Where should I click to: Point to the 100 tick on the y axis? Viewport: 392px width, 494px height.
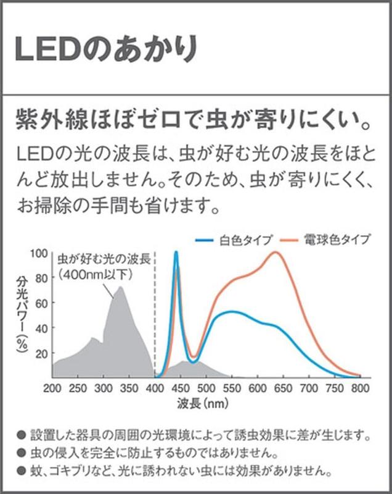[38, 253]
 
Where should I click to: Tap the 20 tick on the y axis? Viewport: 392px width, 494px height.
[40, 353]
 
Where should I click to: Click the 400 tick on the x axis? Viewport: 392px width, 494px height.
[154, 389]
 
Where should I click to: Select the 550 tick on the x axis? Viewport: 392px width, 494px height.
[231, 389]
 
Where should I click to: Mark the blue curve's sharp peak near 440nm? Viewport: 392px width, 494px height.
[176, 252]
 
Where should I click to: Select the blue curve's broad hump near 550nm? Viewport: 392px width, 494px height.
[231, 312]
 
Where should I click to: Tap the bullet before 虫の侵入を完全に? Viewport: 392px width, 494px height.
[22, 452]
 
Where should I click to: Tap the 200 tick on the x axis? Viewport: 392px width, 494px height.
[53, 389]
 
